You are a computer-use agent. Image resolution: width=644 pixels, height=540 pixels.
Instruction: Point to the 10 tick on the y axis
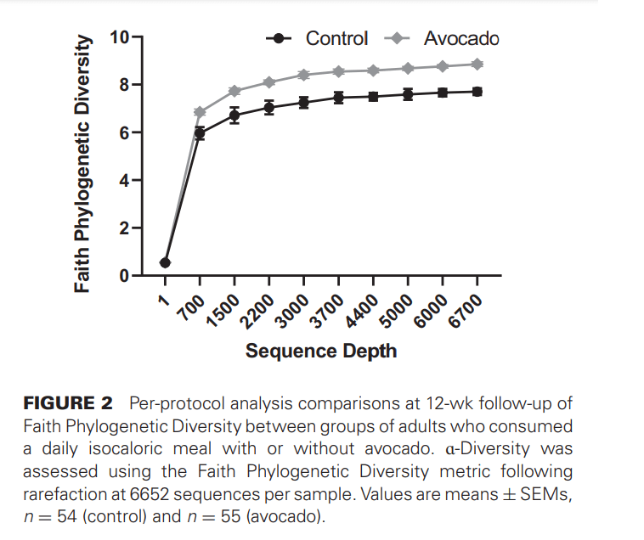click(121, 37)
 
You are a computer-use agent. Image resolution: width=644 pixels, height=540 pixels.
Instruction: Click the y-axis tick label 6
click(124, 132)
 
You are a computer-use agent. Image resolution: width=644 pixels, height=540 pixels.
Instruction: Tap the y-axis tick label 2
click(124, 228)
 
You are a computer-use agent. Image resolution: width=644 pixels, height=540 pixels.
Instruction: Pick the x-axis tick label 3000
click(293, 311)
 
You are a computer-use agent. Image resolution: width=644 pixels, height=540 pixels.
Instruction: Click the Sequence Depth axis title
click(321, 350)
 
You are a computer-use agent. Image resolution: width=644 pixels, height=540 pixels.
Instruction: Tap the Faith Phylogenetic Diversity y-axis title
click(82, 163)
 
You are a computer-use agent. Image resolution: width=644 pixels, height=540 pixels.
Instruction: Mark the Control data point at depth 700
click(200, 133)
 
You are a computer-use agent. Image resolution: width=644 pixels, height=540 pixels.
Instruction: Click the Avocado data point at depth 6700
click(477, 64)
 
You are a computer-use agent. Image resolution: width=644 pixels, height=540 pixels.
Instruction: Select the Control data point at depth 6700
click(477, 91)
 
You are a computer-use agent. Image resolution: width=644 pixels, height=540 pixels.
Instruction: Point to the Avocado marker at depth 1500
click(234, 91)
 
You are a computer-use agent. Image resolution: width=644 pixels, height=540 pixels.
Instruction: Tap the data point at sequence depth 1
click(165, 263)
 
